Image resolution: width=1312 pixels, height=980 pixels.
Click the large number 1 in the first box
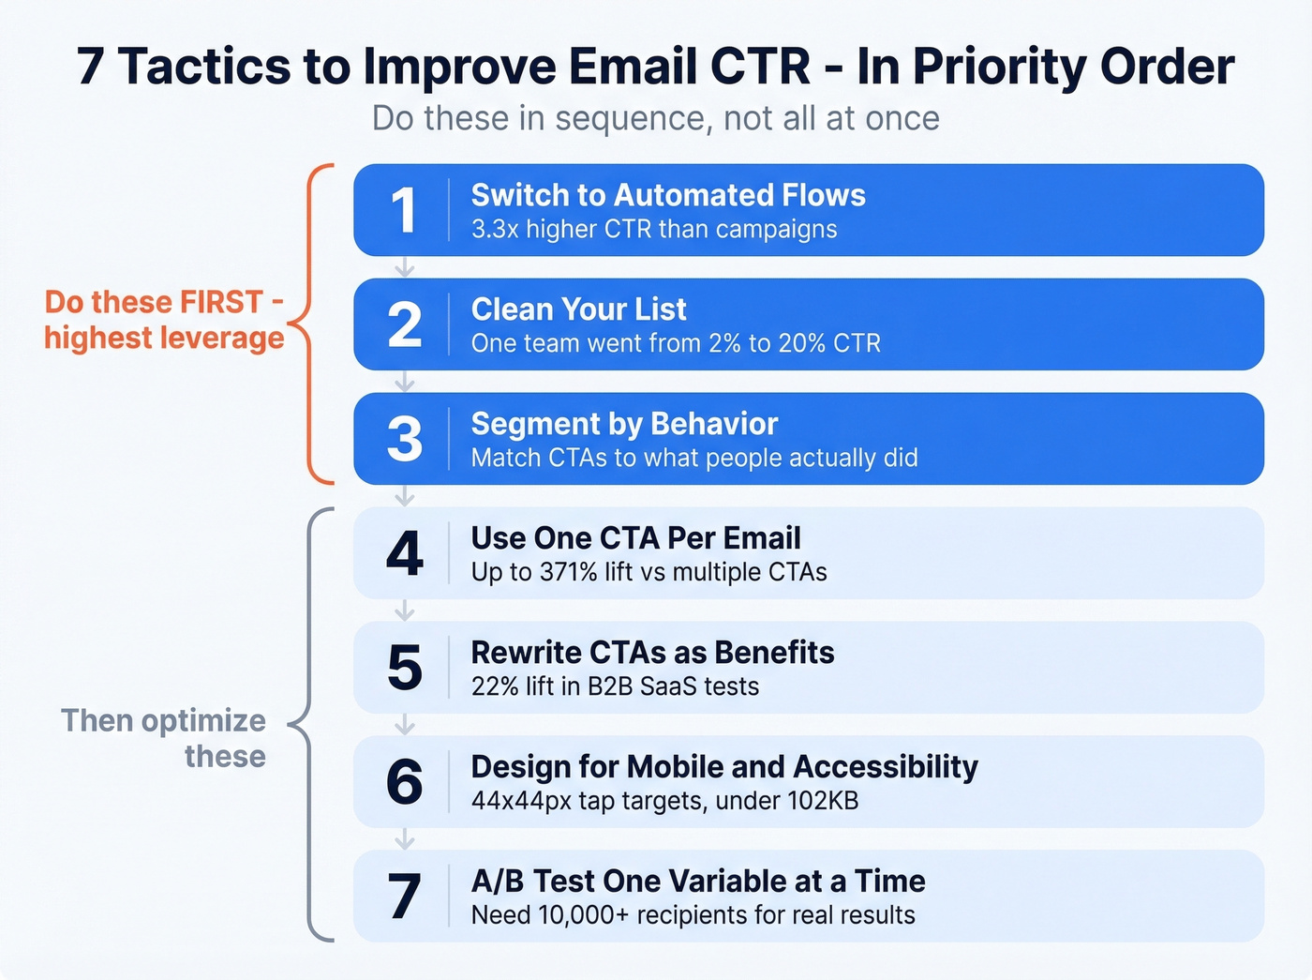tap(403, 210)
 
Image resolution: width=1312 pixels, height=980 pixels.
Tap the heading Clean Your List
tap(578, 309)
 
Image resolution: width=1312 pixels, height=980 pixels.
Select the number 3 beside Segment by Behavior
tap(404, 439)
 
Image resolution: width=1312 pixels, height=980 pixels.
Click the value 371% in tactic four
tap(568, 572)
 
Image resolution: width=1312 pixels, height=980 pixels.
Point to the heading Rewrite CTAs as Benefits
tap(652, 653)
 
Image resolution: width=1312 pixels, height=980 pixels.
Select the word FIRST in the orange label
tap(221, 302)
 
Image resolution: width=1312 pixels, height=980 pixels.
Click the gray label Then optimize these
tap(164, 738)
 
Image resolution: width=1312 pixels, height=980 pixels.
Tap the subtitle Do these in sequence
tap(655, 119)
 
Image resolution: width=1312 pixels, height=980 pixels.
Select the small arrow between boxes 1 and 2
tap(404, 268)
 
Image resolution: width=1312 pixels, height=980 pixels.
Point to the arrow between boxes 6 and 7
tap(404, 839)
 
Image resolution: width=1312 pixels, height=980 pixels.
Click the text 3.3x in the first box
tap(495, 230)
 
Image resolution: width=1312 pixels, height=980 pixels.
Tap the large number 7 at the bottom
tap(404, 897)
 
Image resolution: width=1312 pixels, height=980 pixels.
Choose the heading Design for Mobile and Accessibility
tap(723, 767)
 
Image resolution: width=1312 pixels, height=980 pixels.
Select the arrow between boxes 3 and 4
tap(404, 496)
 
